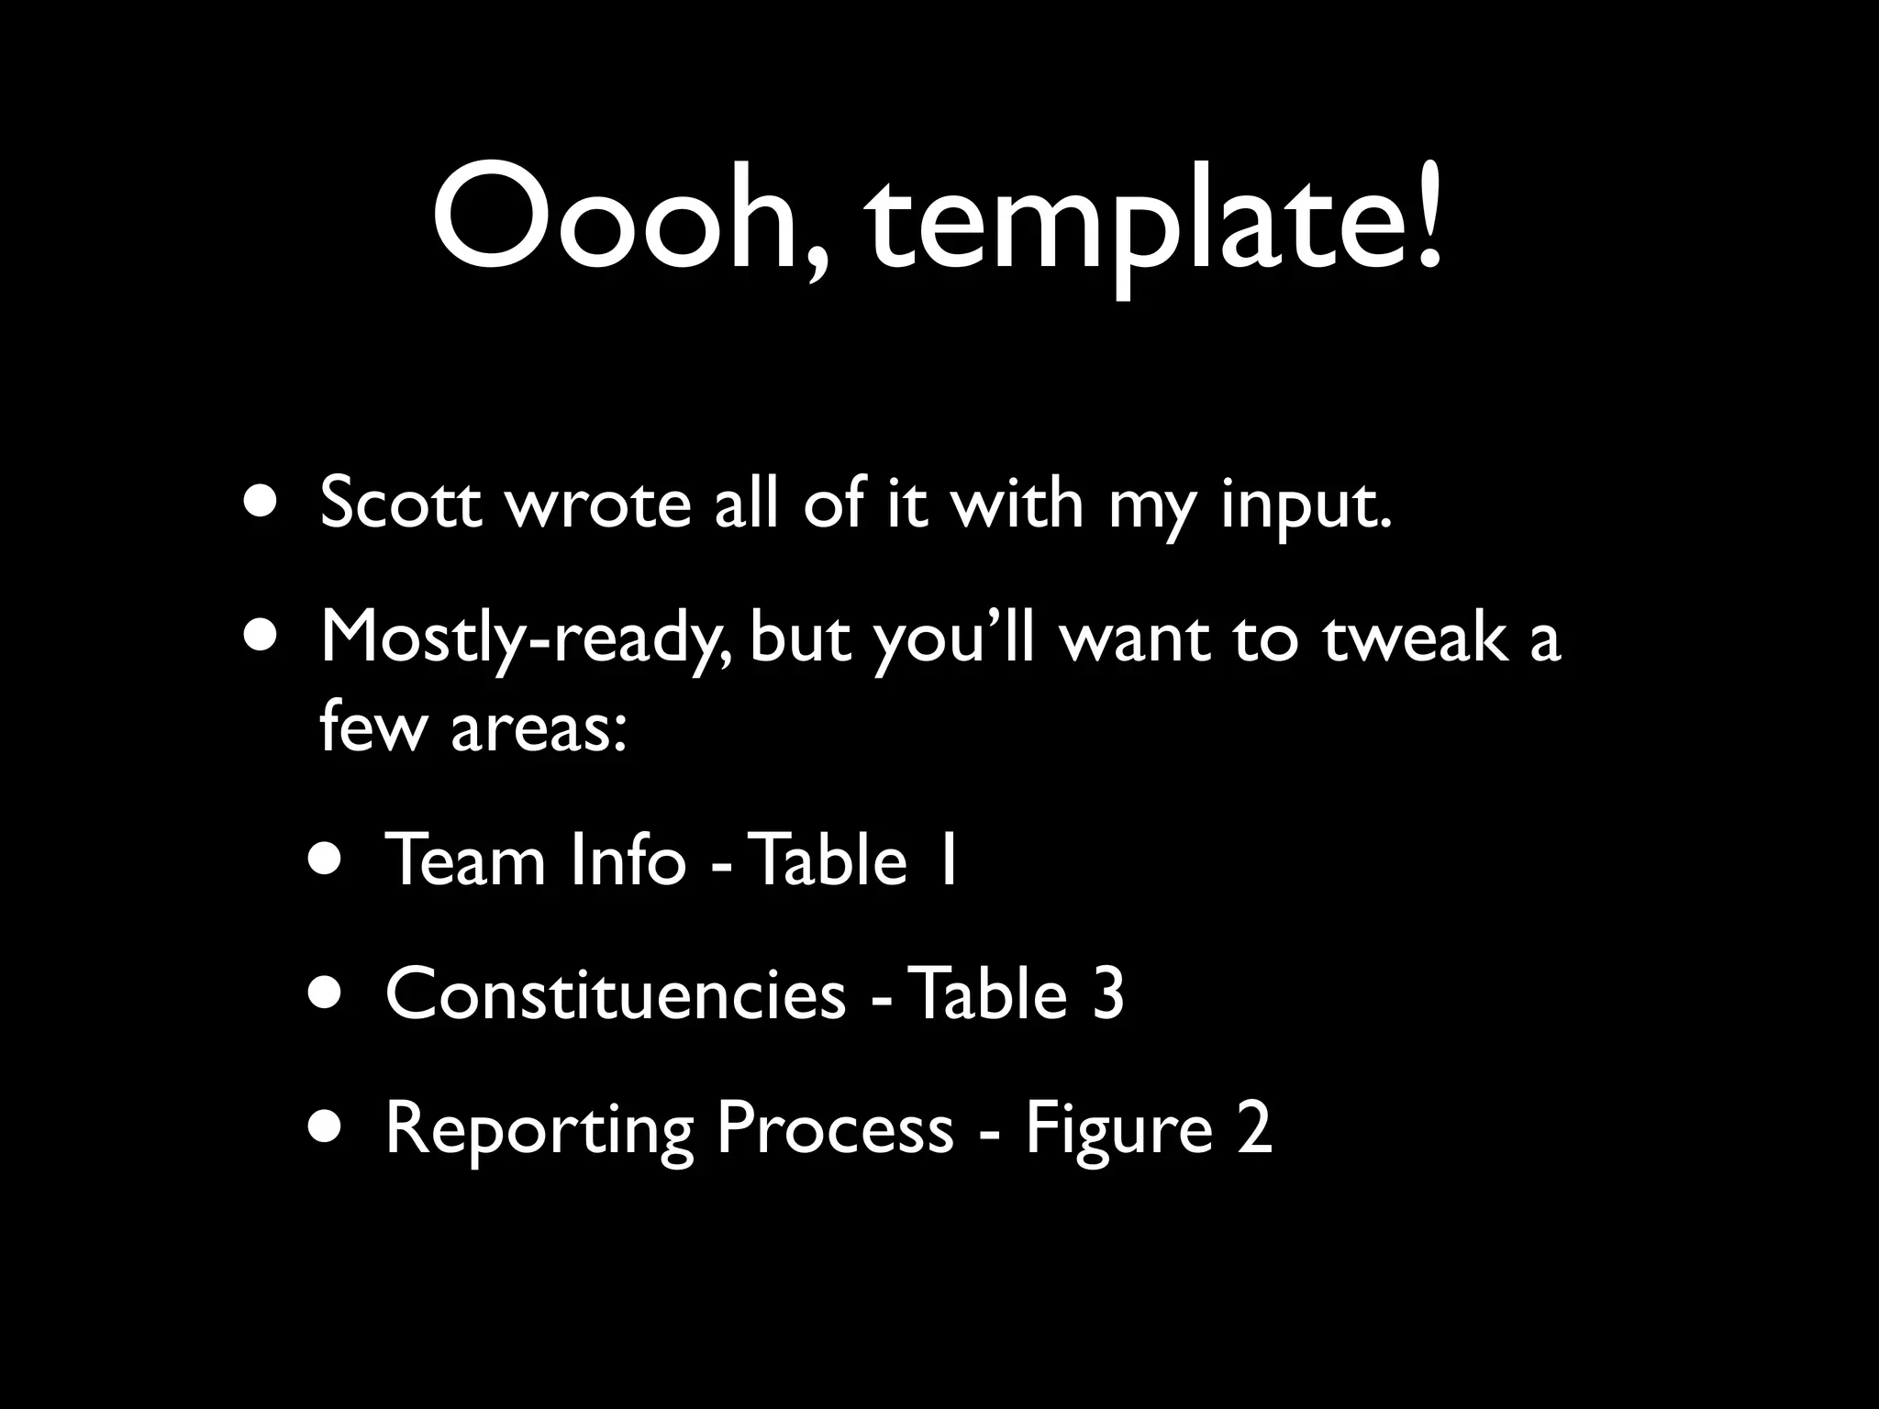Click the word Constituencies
point(616,994)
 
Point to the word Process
point(835,1127)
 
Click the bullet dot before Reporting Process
point(328,1127)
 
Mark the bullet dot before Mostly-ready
point(263,637)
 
